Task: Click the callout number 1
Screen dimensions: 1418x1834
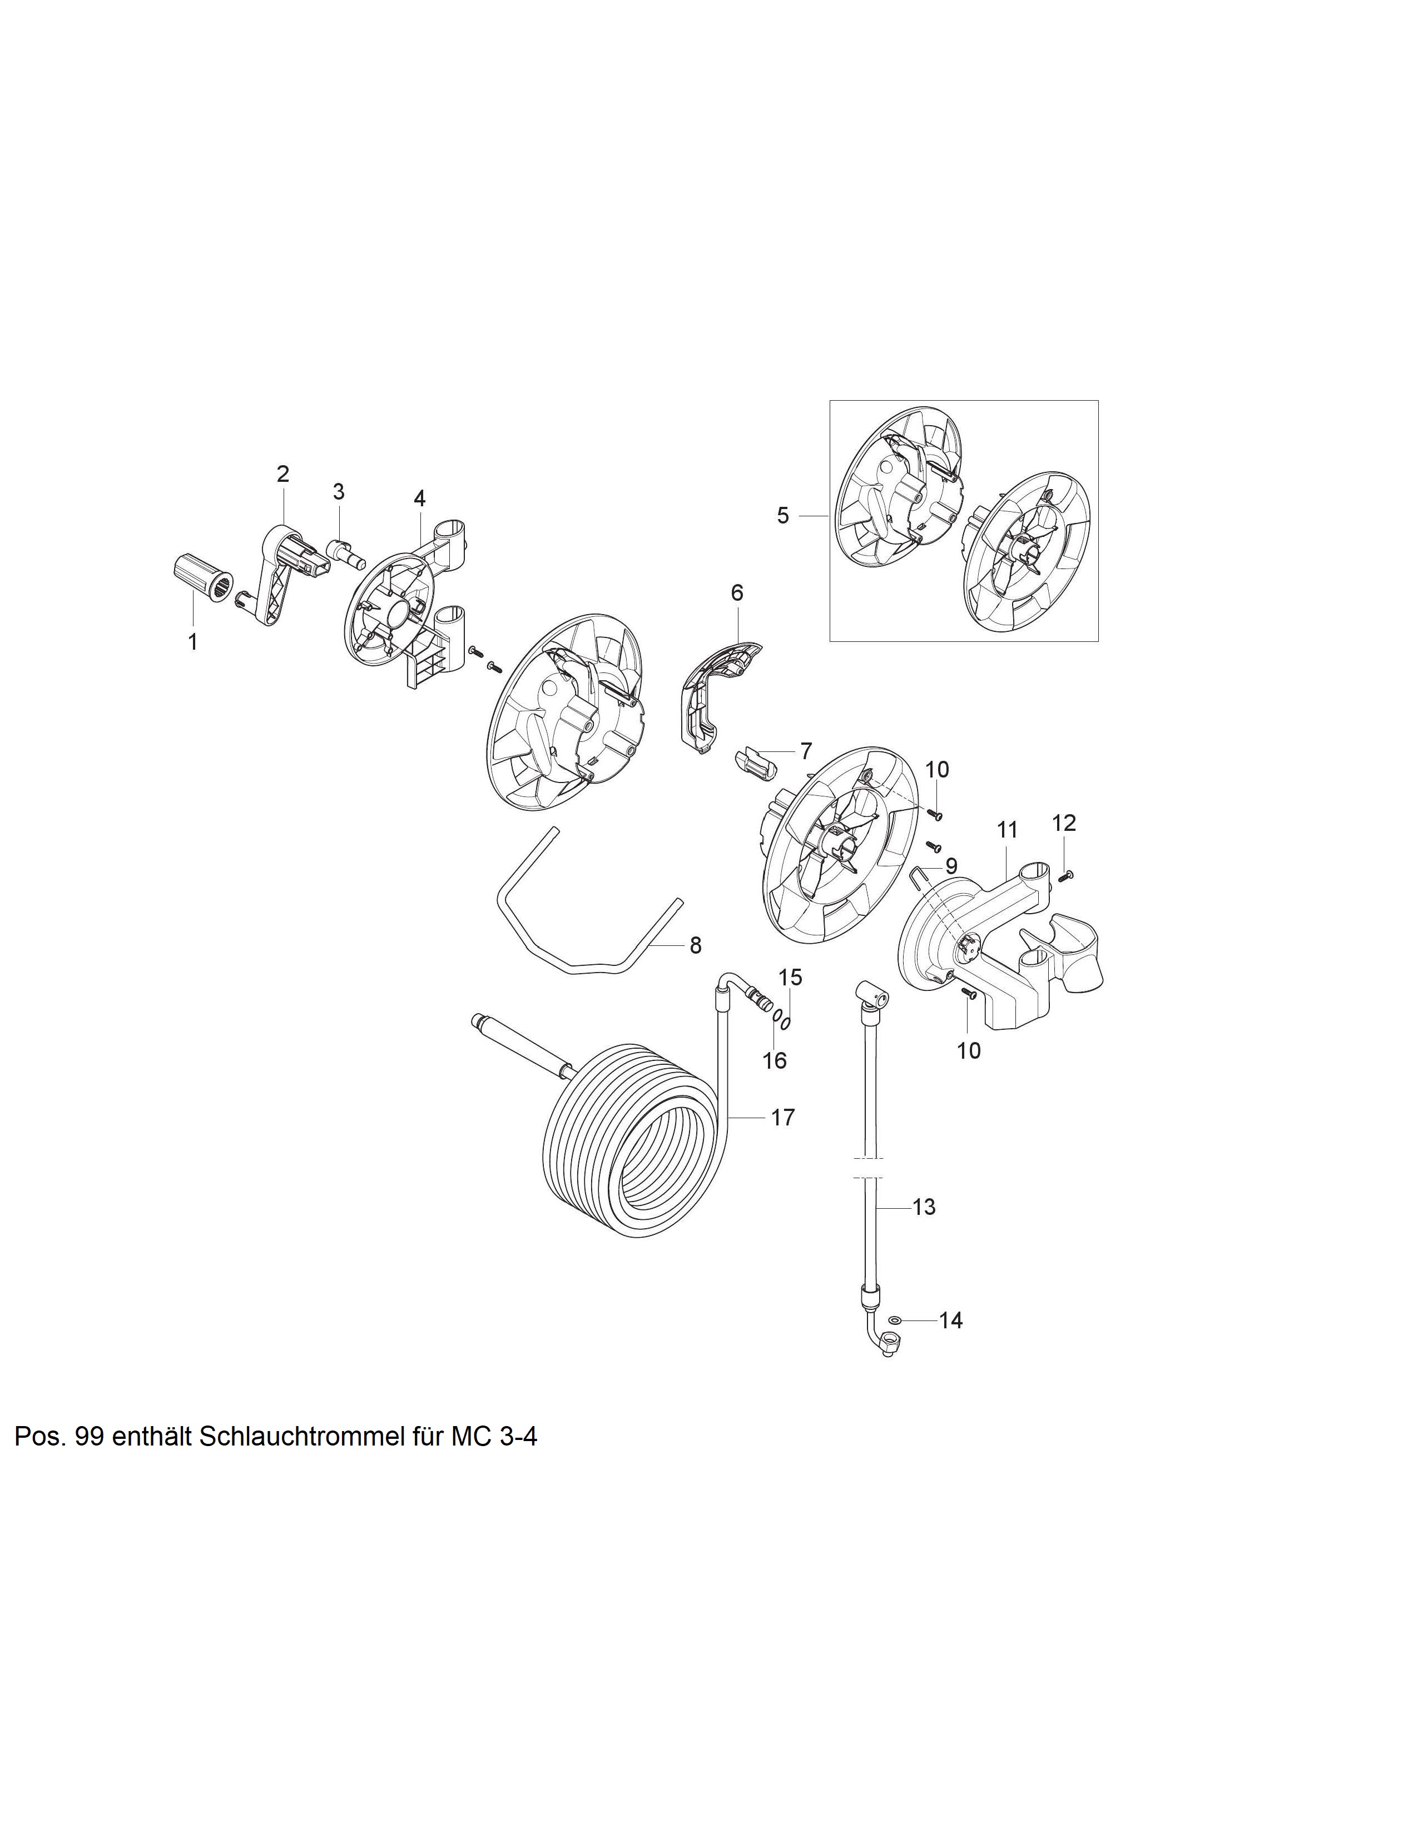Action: click(193, 642)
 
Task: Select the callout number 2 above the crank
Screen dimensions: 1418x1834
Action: click(283, 474)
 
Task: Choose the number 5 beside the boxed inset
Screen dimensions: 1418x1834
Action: click(783, 516)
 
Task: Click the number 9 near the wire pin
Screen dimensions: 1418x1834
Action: click(951, 865)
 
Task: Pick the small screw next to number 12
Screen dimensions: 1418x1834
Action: click(1067, 876)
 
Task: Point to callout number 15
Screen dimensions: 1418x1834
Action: click(791, 978)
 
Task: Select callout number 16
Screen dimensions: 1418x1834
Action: click(775, 1060)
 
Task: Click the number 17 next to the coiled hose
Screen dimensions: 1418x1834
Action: click(783, 1118)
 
